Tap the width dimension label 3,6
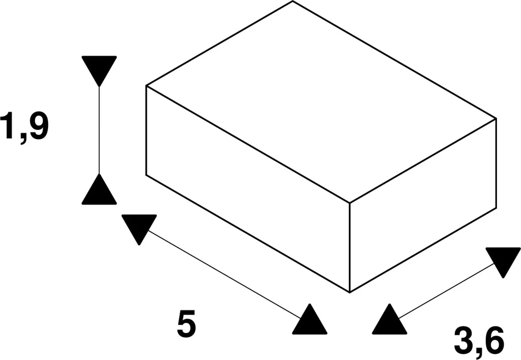pyautogui.click(x=479, y=341)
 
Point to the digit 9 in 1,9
pyautogui.click(x=39, y=126)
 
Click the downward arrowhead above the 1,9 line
pyautogui.click(x=99, y=71)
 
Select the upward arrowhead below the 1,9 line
pyautogui.click(x=99, y=189)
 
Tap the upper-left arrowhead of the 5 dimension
pyautogui.click(x=139, y=230)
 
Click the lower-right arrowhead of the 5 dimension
pyautogui.click(x=310, y=319)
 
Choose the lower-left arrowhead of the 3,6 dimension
pyautogui.click(x=390, y=319)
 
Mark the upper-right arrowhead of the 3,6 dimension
pyautogui.click(x=503, y=263)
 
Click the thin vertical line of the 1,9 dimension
pyautogui.click(x=99, y=130)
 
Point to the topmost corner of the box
pyautogui.click(x=293, y=1)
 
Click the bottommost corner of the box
pyautogui.click(x=350, y=292)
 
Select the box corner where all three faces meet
pyautogui.click(x=350, y=203)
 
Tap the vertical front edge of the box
pyautogui.click(x=350, y=248)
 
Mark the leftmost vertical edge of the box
pyautogui.click(x=146, y=130)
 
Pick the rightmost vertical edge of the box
pyautogui.click(x=497, y=163)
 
